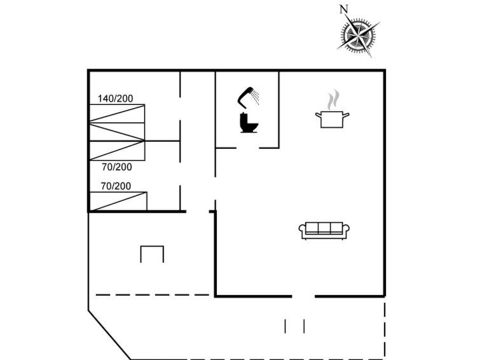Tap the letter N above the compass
pyautogui.click(x=344, y=10)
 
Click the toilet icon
pyautogui.click(x=249, y=123)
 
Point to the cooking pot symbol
pyautogui.click(x=332, y=120)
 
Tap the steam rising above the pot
pyautogui.click(x=333, y=100)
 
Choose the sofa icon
pyautogui.click(x=324, y=231)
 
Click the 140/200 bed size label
pyautogui.click(x=116, y=99)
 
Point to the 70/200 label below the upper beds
pyautogui.click(x=117, y=167)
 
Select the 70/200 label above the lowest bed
pyautogui.click(x=116, y=186)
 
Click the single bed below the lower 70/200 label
pyautogui.click(x=118, y=201)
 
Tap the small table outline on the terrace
pyautogui.click(x=152, y=254)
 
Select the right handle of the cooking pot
pyautogui.click(x=346, y=115)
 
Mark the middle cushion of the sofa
pyautogui.click(x=324, y=228)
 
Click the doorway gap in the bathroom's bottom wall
pyautogui.click(x=248, y=148)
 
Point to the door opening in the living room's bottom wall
pyautogui.click(x=303, y=296)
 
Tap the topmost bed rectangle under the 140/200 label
pyautogui.click(x=117, y=114)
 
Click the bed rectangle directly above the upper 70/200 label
pyautogui.click(x=117, y=151)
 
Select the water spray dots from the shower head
pyautogui.click(x=256, y=97)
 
